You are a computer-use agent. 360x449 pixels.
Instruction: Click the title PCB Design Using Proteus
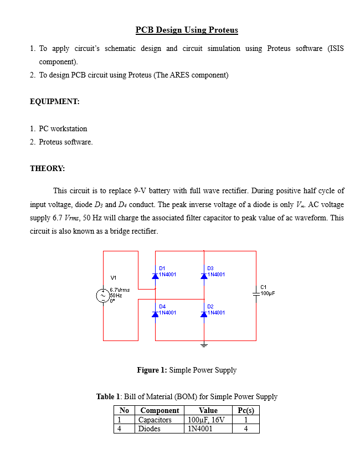tap(187, 30)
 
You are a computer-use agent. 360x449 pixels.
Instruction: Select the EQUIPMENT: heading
tap(55, 102)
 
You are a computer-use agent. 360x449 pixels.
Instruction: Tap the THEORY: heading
tap(47, 168)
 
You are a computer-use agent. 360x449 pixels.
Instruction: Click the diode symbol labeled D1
tap(156, 275)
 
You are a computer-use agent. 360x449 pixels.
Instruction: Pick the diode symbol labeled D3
tap(204, 275)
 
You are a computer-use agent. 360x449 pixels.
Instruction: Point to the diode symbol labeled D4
tap(156, 313)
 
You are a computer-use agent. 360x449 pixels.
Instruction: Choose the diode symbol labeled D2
tap(204, 313)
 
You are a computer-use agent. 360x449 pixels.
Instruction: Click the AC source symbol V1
tap(103, 296)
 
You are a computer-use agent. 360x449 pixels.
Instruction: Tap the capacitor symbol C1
tap(256, 296)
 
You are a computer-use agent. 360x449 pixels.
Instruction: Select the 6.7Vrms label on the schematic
tap(120, 290)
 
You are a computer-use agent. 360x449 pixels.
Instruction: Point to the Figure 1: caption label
tap(152, 370)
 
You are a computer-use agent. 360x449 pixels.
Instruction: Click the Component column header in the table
tap(160, 411)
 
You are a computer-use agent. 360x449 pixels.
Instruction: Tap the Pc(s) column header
tap(245, 411)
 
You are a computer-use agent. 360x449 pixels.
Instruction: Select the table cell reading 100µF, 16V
tap(207, 420)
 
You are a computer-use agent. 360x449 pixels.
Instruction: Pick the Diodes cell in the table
tap(150, 428)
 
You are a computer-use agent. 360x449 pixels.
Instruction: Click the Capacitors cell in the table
tap(155, 420)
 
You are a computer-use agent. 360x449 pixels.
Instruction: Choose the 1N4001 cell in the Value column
tap(200, 428)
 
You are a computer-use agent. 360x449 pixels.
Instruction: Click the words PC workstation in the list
tap(63, 128)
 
